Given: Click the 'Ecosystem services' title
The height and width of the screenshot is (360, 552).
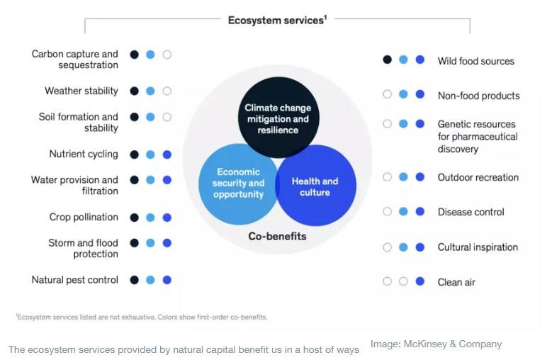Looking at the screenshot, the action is point(277,20).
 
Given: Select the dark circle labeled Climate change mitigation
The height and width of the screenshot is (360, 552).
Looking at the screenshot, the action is point(278,117).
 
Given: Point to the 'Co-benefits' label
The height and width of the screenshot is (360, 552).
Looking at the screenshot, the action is point(277,236).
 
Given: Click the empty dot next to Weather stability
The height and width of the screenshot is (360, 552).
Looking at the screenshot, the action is point(167,91).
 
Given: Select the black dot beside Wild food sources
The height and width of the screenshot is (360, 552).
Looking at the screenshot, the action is point(387,60).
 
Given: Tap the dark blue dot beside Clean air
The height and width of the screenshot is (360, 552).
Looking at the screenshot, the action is point(419,281).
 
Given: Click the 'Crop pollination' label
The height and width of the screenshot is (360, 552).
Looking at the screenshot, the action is point(84,217).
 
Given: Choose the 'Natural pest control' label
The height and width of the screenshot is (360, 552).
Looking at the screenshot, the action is point(74,280).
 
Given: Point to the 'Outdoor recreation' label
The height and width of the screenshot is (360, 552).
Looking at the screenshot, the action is point(478,177).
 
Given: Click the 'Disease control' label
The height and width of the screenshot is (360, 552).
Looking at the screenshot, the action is point(471,212).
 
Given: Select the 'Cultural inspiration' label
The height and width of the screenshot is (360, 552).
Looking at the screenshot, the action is point(478,247).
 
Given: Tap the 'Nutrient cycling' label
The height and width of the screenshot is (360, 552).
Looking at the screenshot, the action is point(84,154).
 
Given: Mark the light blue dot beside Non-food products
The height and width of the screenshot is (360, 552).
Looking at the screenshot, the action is point(403,94).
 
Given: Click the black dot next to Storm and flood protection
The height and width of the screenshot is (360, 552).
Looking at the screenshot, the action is point(134,243).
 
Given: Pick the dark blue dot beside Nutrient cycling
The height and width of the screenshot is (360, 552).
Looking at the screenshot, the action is point(167,154).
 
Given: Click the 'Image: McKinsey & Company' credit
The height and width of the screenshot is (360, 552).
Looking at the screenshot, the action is point(436,344).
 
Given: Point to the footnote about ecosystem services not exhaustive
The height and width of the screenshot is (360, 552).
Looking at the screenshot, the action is point(142,317).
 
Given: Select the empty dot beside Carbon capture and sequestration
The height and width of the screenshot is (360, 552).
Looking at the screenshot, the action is point(167,55).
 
